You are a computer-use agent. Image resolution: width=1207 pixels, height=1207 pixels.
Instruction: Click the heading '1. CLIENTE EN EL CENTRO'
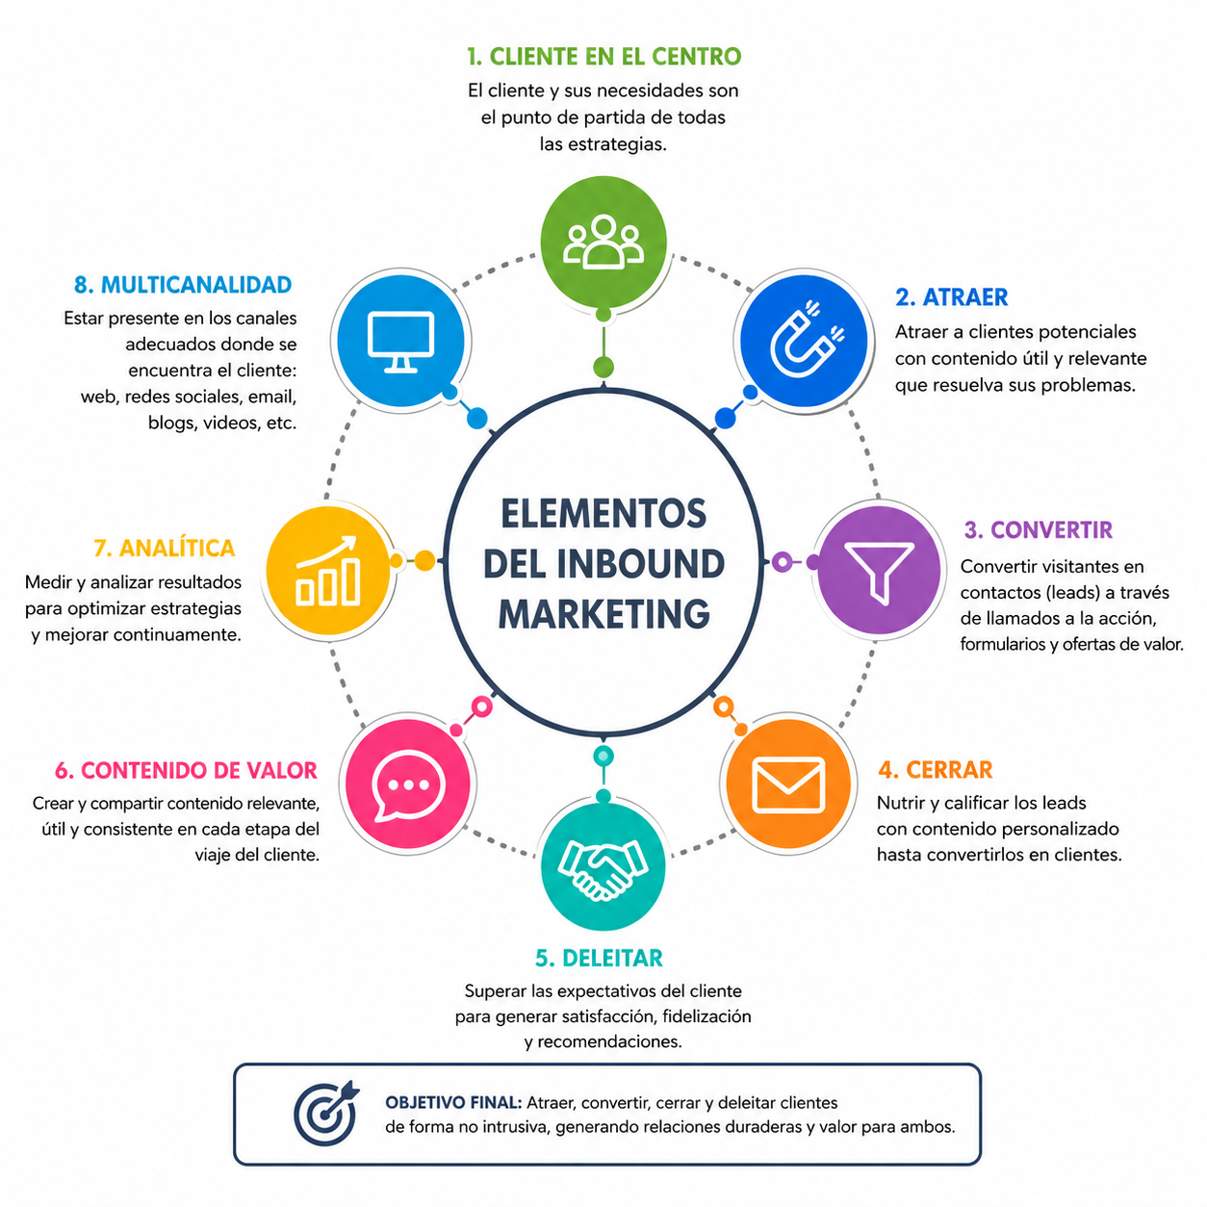[x=603, y=57]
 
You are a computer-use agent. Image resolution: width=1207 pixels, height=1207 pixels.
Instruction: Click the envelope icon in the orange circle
[x=788, y=784]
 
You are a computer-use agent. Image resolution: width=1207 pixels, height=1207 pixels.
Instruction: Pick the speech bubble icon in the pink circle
[x=408, y=784]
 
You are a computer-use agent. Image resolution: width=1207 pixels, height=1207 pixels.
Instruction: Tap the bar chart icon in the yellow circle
[x=328, y=571]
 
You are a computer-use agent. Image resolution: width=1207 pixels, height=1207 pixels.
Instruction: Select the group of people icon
[x=603, y=242]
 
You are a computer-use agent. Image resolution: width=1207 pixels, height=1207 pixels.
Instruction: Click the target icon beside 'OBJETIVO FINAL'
[x=326, y=1113]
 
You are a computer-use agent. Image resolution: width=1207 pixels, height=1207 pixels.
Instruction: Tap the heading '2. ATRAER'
[x=951, y=296]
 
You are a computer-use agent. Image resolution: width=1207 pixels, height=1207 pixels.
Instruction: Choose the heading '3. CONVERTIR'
[x=1038, y=530]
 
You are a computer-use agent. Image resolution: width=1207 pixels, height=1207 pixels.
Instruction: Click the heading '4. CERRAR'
[x=936, y=770]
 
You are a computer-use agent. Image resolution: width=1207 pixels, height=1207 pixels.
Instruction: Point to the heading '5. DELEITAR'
[x=599, y=959]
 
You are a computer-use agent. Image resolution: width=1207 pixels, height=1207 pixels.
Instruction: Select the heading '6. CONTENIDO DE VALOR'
[x=186, y=770]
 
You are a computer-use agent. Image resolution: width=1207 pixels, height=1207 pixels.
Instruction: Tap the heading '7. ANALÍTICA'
[x=164, y=548]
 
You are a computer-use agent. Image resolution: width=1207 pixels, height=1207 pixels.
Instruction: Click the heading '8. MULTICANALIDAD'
[x=183, y=285]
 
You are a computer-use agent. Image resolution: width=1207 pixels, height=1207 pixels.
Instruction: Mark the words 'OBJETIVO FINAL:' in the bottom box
[x=453, y=1102]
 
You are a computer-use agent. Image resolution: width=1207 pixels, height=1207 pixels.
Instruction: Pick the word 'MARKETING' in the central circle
[x=603, y=614]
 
